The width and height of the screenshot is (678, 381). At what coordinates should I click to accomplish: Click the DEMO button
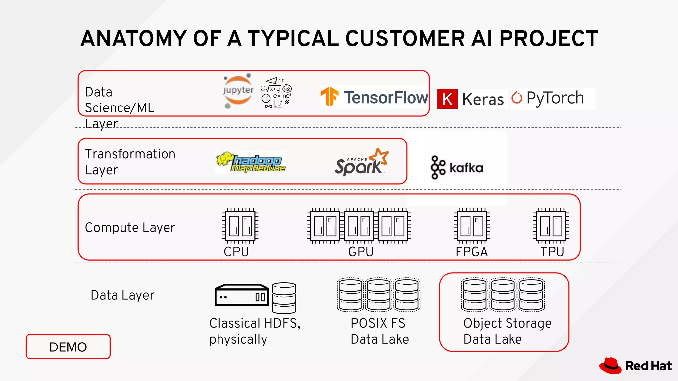[68, 347]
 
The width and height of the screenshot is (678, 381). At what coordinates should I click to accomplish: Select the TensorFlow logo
[374, 97]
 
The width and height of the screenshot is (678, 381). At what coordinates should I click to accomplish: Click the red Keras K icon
[447, 99]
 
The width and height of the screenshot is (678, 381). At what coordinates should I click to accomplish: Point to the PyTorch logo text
[555, 98]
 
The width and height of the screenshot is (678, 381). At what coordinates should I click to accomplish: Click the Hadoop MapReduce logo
[251, 162]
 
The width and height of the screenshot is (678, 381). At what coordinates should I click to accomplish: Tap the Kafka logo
[457, 168]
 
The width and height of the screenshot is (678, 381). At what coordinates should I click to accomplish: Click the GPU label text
[361, 252]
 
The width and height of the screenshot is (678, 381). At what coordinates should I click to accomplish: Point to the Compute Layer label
[130, 228]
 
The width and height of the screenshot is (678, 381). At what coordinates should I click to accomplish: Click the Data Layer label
[122, 295]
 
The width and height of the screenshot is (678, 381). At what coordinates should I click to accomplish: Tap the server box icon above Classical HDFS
[242, 295]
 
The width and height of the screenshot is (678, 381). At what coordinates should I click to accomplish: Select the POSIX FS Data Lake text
[379, 331]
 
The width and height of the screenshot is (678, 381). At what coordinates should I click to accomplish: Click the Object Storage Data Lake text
[507, 331]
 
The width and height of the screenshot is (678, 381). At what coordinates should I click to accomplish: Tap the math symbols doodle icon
[276, 93]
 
